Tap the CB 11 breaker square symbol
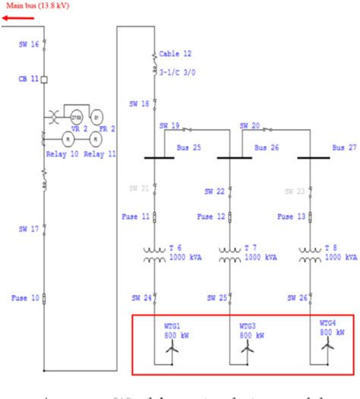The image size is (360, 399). (x=44, y=79)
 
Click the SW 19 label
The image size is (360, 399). (x=169, y=126)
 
